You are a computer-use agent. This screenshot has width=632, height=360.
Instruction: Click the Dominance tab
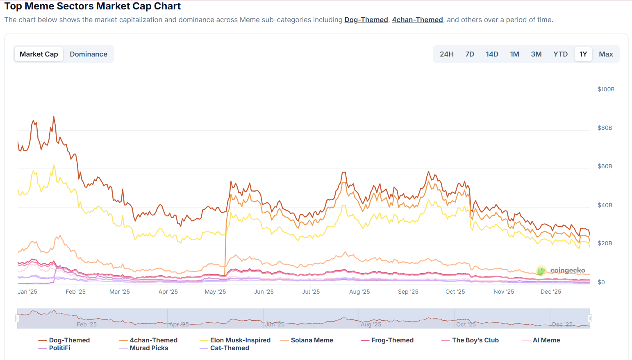click(89, 54)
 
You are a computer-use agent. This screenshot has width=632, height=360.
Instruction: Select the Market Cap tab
click(39, 54)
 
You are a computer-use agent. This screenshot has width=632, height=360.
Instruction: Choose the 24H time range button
click(446, 54)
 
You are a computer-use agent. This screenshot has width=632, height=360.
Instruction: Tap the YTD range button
click(560, 54)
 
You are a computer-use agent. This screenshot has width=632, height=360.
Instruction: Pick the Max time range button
click(606, 54)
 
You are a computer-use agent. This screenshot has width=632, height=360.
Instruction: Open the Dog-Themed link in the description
click(366, 20)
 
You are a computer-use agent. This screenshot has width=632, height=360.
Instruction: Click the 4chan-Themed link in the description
click(417, 20)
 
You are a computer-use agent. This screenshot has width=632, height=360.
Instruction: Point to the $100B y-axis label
click(606, 89)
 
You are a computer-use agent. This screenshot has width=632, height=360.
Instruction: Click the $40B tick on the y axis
click(605, 205)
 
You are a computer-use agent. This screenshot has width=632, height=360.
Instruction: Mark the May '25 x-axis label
click(215, 292)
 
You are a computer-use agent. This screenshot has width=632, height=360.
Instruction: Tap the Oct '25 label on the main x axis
click(455, 292)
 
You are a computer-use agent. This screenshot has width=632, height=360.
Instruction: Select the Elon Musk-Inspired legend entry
click(240, 340)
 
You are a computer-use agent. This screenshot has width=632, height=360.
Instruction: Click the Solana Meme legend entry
click(311, 340)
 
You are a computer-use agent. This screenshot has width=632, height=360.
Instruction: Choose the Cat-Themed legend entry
click(230, 348)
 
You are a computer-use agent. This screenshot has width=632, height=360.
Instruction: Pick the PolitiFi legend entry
click(59, 348)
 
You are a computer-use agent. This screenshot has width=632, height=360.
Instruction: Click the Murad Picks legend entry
click(149, 348)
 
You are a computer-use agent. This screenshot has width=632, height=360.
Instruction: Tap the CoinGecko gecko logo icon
click(541, 270)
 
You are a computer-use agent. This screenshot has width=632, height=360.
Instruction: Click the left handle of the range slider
click(17, 318)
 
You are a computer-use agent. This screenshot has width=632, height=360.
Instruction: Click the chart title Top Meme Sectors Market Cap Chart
click(93, 6)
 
